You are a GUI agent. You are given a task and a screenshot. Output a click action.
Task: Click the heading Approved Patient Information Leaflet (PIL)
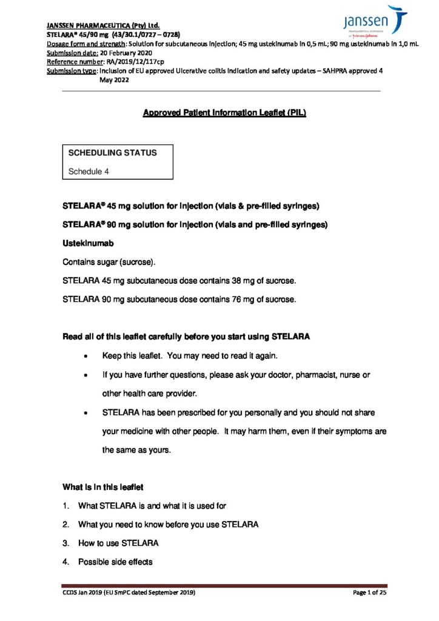coord(224,113)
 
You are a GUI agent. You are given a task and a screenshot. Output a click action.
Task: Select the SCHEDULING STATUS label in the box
coord(112,153)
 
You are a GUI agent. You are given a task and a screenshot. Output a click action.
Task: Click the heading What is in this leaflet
coord(103,487)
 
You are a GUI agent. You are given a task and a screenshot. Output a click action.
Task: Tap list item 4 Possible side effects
coord(115,562)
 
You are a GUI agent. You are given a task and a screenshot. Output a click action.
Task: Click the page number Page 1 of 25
coord(369,592)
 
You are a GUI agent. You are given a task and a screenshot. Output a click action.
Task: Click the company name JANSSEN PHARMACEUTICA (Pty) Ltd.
coord(103,25)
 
